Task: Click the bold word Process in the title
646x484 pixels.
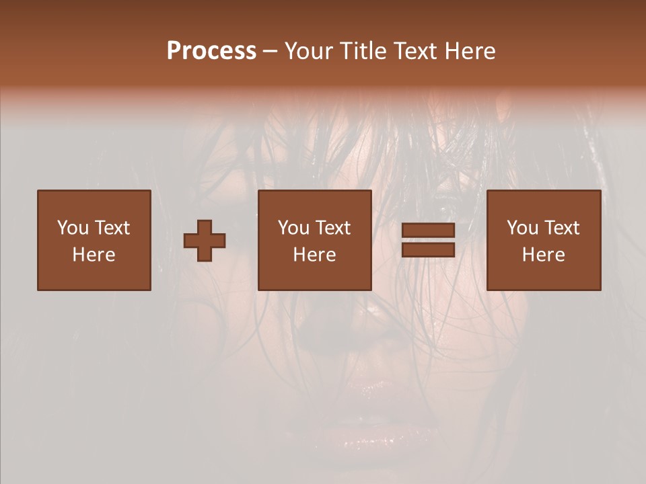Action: [x=211, y=51]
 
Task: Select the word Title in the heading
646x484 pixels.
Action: [x=361, y=51]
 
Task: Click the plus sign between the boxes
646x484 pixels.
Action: [x=205, y=240]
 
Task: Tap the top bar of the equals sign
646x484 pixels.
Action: [x=428, y=231]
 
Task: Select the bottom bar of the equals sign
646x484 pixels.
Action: [x=428, y=249]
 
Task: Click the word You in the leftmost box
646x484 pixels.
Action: [x=73, y=228]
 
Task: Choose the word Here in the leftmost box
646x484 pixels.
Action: [x=94, y=255]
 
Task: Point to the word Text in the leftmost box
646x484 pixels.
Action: [x=111, y=228]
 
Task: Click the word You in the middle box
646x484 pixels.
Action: [x=293, y=228]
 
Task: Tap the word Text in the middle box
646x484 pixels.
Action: [x=332, y=228]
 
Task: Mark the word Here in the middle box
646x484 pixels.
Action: [x=314, y=255]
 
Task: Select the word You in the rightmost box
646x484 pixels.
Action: [x=522, y=228]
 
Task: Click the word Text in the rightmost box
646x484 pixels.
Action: [x=561, y=228]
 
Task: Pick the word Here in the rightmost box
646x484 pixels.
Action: [x=543, y=255]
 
